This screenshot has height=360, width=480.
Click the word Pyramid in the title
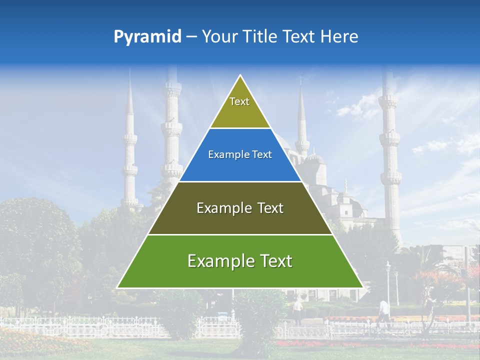[x=147, y=37]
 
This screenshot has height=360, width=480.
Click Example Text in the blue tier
[x=240, y=155]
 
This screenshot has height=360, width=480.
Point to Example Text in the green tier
[x=240, y=261]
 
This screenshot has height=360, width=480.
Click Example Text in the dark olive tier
[x=240, y=208]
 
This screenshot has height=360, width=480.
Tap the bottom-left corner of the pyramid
[x=118, y=287]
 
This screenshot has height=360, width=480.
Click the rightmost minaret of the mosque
[x=389, y=150]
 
